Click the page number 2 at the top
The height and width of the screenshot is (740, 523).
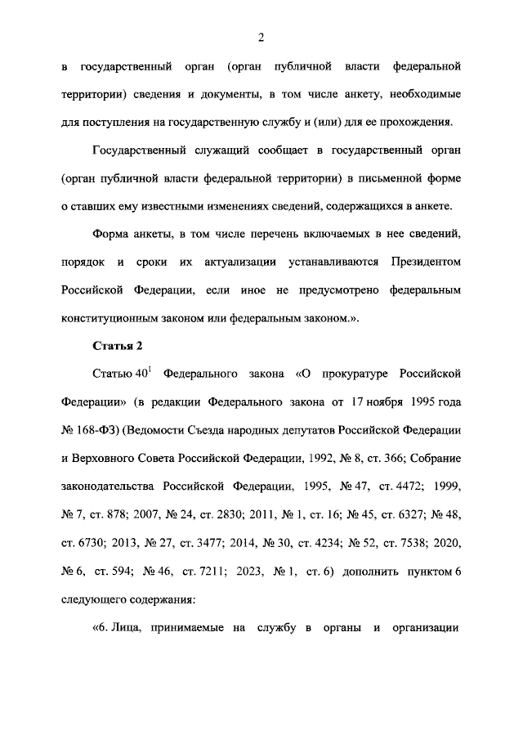[261, 37]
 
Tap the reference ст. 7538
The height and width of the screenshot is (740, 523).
[399, 544]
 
